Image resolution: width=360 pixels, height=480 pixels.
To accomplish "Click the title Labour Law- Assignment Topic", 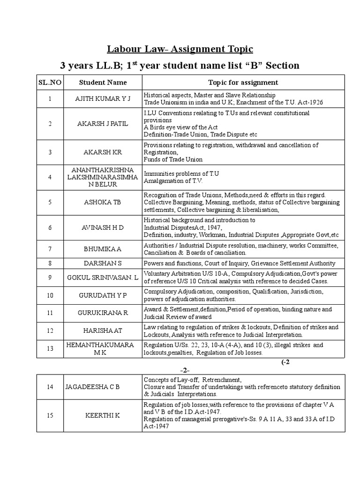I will pos(180,49).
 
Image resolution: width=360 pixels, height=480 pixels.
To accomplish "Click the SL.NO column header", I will pos(50,82).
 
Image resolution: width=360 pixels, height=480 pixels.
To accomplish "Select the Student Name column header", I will pos(103,82).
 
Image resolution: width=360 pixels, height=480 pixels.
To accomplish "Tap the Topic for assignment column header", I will pos(243,82).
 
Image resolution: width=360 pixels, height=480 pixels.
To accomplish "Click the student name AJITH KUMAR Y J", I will pos(103,99).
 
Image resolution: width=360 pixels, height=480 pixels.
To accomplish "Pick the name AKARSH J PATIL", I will pos(103,123).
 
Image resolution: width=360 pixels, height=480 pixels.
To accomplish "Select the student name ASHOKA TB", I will pos(103,202).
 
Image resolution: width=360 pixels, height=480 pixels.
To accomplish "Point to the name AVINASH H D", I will pos(103,227).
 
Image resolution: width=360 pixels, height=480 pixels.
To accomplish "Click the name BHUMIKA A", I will pos(103,249).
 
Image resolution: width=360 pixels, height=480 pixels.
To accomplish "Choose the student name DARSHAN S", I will pos(103,263).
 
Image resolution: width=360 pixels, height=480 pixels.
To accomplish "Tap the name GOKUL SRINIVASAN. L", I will pos(103,278).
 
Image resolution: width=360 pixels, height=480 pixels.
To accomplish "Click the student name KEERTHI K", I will pos(103,415).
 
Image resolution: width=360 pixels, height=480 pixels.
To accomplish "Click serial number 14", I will pos(50,387).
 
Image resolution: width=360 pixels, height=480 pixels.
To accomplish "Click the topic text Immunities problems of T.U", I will pos(181,173).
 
